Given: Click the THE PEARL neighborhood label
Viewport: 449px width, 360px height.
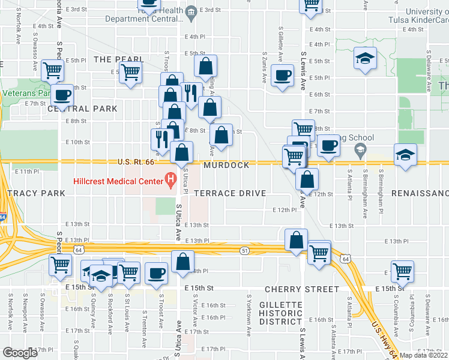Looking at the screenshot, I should click(118, 59).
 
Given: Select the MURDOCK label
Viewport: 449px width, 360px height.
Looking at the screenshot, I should click(226, 165).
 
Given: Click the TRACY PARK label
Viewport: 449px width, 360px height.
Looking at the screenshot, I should click(36, 193).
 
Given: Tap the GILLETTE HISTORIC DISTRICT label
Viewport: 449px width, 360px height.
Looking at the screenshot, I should click(280, 313).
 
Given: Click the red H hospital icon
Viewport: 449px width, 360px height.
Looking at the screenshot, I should click(170, 178).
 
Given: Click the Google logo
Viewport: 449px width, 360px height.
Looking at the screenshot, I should click(20, 353).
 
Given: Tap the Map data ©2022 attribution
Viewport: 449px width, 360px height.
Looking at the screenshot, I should click(423, 355).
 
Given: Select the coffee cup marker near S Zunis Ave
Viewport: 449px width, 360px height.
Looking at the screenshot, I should click(282, 75).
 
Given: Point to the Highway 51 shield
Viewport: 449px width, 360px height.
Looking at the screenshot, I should click(244, 249).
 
